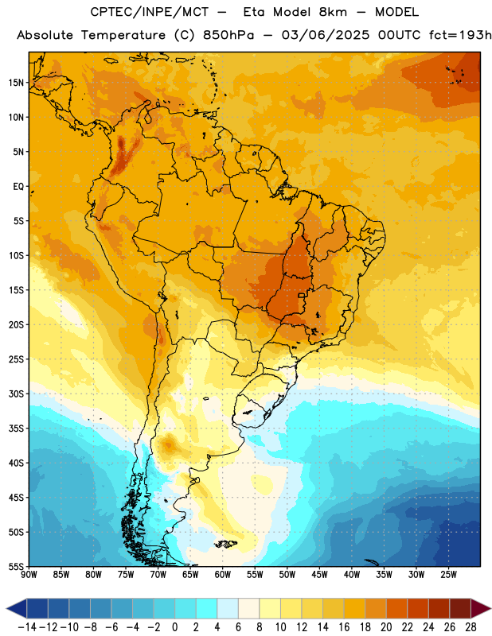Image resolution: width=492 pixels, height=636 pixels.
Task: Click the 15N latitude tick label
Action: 16,83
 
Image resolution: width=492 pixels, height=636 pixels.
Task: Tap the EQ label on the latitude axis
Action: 18,187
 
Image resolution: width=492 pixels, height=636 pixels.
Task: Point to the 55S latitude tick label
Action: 16,566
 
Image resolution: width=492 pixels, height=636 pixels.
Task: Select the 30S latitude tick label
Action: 16,394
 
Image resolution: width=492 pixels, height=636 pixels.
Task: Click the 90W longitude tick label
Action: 29,575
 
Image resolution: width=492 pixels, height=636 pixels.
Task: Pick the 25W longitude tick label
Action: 448,575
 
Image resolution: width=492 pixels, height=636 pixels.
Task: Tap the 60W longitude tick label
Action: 223,575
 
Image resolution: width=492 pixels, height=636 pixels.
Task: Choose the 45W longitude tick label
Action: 319,575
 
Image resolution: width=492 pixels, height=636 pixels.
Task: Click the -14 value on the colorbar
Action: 27,627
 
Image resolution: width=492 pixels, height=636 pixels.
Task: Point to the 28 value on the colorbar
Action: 471,627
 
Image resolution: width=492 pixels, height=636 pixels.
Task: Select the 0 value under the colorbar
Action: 174,627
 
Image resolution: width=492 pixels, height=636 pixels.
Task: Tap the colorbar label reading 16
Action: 344,627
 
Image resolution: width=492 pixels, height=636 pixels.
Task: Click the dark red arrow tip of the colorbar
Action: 481,608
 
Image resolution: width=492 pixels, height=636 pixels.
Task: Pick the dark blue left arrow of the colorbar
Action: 17,608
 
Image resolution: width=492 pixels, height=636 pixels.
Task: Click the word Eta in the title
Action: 254,12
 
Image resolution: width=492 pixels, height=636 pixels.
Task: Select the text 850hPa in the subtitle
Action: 228,35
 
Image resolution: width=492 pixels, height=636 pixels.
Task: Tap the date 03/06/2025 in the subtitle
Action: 326,35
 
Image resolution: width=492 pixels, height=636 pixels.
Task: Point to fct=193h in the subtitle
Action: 460,35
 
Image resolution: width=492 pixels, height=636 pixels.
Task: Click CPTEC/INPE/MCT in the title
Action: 150,12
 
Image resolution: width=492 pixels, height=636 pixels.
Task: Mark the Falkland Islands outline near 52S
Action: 226,544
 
